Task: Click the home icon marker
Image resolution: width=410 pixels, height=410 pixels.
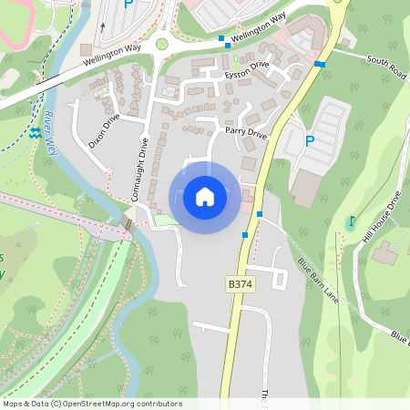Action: coord(205,197)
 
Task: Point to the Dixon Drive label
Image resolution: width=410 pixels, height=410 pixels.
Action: coord(104,131)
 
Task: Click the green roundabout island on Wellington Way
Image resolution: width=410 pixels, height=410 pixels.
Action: coord(162,43)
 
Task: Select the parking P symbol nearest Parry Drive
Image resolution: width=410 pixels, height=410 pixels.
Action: coord(310,141)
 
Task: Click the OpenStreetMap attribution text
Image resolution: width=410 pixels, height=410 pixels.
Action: coord(91,404)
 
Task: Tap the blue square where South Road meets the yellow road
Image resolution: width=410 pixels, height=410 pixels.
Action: coord(320,64)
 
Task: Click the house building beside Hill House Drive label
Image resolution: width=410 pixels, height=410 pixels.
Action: coord(384,252)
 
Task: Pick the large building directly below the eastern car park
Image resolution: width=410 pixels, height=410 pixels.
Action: coord(306,188)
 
